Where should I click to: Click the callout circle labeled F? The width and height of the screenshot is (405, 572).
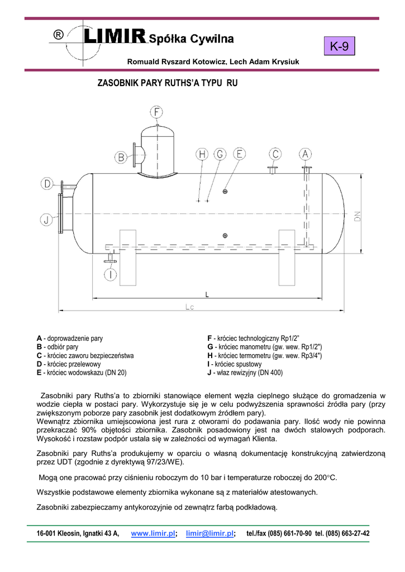click(156, 112)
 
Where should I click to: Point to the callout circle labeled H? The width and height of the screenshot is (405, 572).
click(202, 154)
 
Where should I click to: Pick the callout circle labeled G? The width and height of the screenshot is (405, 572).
click(220, 154)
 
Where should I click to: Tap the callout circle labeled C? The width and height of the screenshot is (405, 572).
click(275, 154)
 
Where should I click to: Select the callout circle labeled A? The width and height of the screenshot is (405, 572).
click(305, 154)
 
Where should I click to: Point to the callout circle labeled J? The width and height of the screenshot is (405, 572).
click(47, 220)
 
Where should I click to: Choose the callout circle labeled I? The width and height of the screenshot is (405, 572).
click(111, 274)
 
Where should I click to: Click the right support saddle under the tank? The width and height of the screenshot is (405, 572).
click(290, 257)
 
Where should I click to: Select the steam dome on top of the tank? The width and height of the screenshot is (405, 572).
click(157, 148)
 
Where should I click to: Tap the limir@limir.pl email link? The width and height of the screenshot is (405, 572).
click(210, 533)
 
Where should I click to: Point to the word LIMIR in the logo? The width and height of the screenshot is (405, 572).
click(115, 37)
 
